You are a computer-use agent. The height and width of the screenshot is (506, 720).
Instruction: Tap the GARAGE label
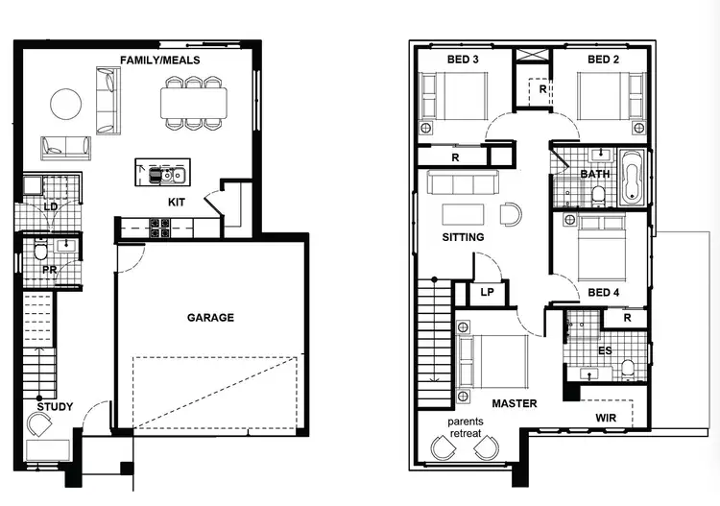[x=209, y=318]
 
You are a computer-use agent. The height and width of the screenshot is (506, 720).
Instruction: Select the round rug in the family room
[x=66, y=104]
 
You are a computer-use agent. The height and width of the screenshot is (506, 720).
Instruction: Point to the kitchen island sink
[x=170, y=175]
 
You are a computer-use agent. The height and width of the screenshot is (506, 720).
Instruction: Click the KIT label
[x=177, y=203]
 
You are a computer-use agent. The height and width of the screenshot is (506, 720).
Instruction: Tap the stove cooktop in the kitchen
[x=158, y=229]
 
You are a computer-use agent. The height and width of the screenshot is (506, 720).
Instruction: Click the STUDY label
[x=55, y=406]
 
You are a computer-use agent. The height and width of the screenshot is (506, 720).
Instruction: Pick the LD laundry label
[x=50, y=206]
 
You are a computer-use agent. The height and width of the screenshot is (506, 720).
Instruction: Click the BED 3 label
[x=463, y=60]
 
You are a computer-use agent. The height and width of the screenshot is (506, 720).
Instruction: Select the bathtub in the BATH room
[x=634, y=177]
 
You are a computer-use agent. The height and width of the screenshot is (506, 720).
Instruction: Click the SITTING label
[x=463, y=236]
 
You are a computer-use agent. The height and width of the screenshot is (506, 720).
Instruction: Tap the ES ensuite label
[x=605, y=351]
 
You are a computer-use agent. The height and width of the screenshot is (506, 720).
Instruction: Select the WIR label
[x=606, y=419]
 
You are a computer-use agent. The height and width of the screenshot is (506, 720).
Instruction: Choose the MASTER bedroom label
[x=515, y=403]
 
